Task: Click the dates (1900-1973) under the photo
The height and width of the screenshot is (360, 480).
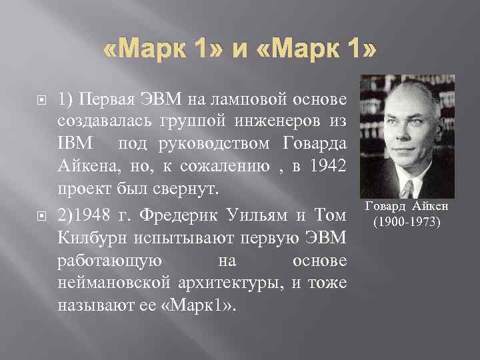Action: (x=407, y=221)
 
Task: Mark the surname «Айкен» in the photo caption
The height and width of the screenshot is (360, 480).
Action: (x=432, y=207)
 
